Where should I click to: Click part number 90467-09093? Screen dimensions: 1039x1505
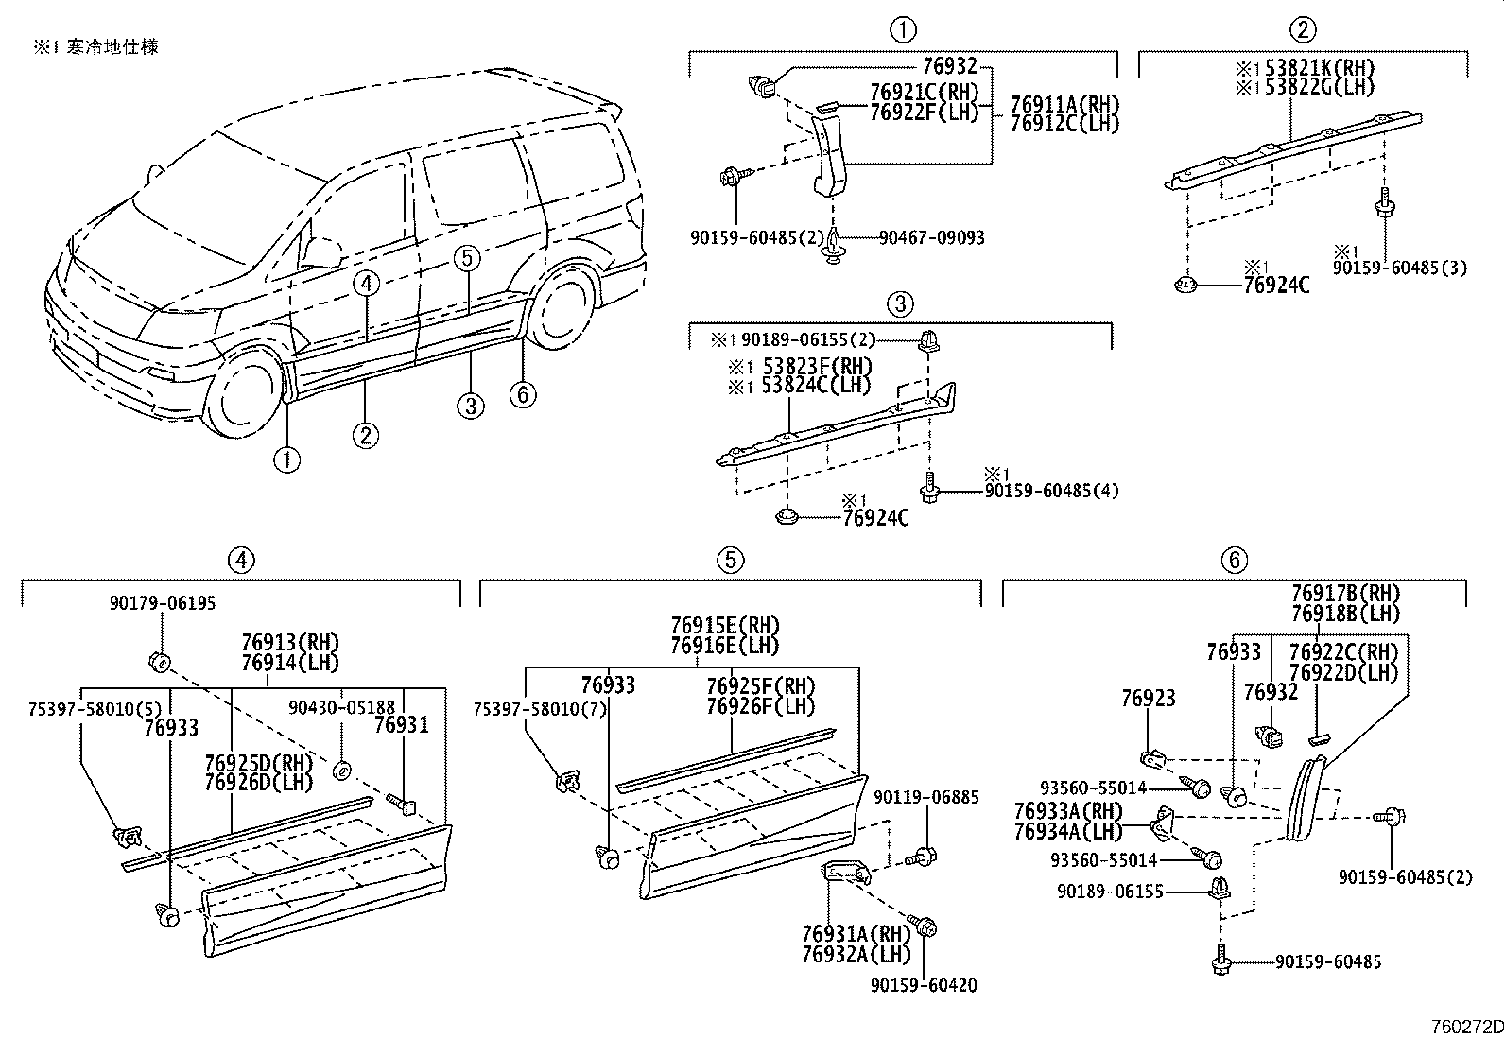click(x=931, y=237)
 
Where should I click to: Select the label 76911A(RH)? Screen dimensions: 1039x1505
click(x=1064, y=103)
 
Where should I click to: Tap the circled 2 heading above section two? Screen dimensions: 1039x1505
click(x=1303, y=30)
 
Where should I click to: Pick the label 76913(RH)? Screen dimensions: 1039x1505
click(x=289, y=643)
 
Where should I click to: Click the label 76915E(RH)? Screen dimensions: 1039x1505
click(x=724, y=626)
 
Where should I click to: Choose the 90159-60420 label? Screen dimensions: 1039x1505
click(x=924, y=985)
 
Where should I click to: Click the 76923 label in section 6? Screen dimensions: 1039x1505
click(x=1148, y=699)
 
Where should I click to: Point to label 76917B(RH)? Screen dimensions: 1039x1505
click(x=1345, y=594)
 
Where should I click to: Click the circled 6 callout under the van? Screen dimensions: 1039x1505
click(x=523, y=393)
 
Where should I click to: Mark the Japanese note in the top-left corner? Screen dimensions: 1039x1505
click(x=96, y=46)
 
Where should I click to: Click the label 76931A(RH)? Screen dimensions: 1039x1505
click(x=856, y=936)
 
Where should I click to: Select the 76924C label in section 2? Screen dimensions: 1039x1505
click(x=1276, y=284)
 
